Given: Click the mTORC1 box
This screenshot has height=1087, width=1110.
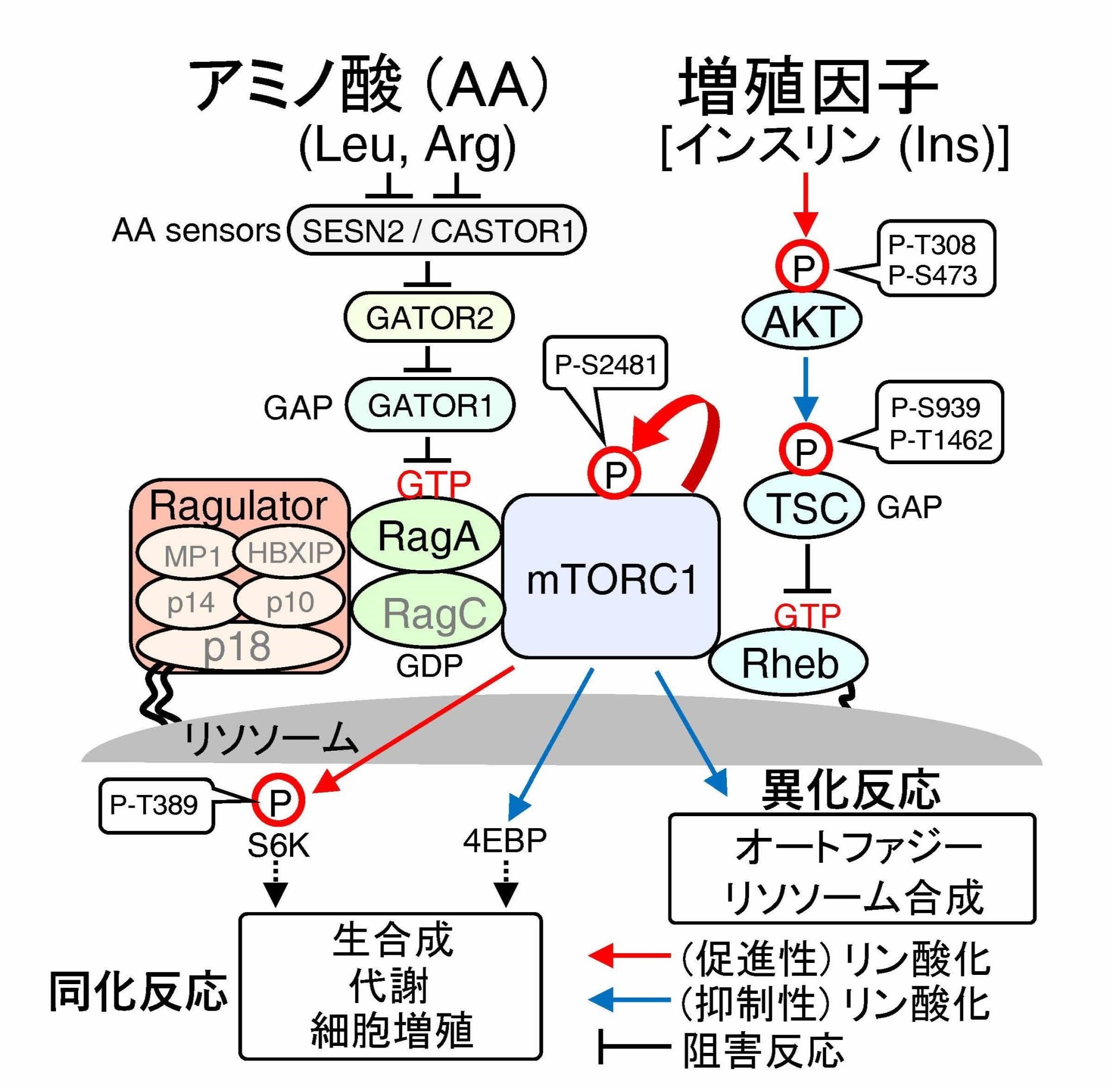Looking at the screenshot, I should (x=610, y=577).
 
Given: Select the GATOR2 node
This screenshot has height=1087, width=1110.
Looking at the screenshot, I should (x=429, y=317).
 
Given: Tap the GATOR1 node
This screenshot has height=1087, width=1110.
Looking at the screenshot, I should (x=430, y=406).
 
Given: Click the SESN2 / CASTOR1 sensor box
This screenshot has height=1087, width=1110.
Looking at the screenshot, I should (x=437, y=231).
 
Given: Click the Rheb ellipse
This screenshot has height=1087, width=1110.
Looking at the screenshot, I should (x=789, y=663).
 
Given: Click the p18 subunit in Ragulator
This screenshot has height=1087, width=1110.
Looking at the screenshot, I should (x=237, y=647).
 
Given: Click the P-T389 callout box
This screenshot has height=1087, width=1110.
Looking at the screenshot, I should (x=156, y=805).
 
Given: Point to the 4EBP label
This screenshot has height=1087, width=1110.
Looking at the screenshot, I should (x=505, y=841).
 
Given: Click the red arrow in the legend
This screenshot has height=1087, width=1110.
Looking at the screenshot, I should (x=629, y=954).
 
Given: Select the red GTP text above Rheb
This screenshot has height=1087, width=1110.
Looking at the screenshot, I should (x=806, y=615).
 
